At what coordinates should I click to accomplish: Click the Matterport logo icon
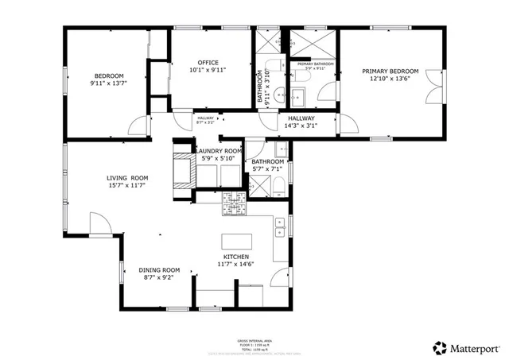440,347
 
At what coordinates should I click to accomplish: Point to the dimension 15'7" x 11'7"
128,185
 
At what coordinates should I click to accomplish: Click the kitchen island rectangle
236,241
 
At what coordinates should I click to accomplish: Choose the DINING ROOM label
159,269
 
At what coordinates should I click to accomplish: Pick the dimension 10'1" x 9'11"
208,70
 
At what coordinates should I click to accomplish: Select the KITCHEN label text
236,257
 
